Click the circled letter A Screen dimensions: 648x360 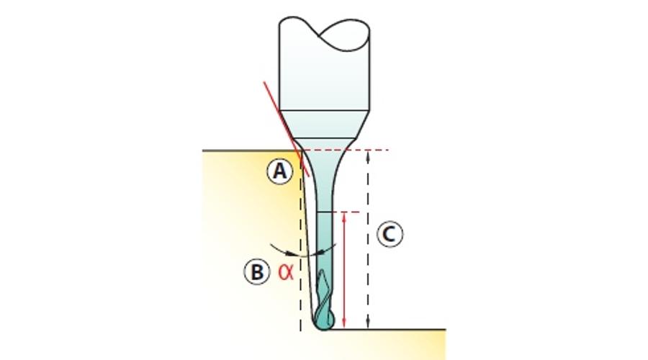pyautogui.click(x=280, y=171)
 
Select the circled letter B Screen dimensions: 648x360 pyautogui.click(x=257, y=272)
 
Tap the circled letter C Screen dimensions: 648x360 pyautogui.click(x=390, y=234)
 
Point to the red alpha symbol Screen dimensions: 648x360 pyautogui.click(x=286, y=272)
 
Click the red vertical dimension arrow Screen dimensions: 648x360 pyautogui.click(x=344, y=270)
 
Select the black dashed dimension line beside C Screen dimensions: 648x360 pyautogui.click(x=368, y=240)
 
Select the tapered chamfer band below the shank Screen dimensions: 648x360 pyautogui.click(x=325, y=124)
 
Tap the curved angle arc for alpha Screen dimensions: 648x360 pyautogui.click(x=303, y=254)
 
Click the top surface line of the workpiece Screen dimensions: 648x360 pyautogui.click(x=251, y=151)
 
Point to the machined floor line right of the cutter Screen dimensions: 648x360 pyautogui.click(x=389, y=330)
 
